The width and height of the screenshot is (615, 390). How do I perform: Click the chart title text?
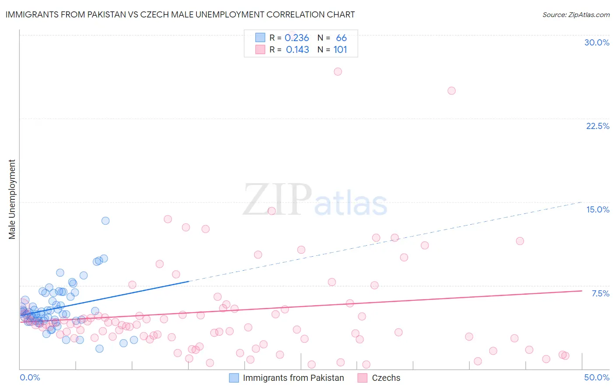point(180,14)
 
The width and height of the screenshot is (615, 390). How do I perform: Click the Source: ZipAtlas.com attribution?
point(576,14)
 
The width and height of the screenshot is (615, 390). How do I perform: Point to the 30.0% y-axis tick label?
point(597,42)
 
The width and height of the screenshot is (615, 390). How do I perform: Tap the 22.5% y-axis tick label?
point(598,126)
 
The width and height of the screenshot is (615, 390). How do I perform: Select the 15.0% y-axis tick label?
point(598,209)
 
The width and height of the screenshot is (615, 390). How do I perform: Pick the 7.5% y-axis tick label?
point(600,293)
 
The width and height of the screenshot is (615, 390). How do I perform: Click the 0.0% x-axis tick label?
point(30,377)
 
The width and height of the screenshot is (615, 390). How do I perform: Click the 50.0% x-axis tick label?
point(597,377)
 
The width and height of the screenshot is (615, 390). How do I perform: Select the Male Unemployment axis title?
point(12,199)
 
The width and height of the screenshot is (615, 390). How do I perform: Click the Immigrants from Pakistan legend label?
point(293,378)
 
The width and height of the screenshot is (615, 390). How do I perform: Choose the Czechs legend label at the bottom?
point(386,378)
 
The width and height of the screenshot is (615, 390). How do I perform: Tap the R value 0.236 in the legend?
point(297,38)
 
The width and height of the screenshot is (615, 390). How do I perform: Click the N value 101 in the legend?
point(340,50)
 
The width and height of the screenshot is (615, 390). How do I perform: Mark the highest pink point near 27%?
point(338,72)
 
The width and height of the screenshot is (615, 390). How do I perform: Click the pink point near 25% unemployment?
point(451,91)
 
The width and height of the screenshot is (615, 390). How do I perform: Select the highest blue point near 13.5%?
point(105,221)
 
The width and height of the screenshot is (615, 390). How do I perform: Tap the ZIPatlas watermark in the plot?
point(315,200)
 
